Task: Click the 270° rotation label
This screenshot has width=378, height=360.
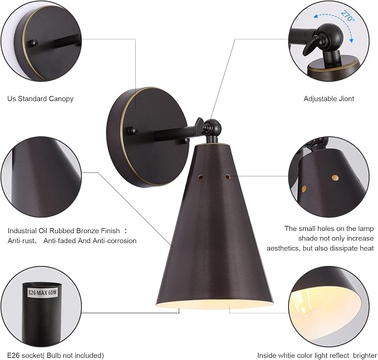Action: [348, 16]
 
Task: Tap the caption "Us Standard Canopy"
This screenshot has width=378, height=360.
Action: [40, 99]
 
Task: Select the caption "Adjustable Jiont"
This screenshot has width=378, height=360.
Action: [329, 99]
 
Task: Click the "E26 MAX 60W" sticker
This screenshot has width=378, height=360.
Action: [42, 293]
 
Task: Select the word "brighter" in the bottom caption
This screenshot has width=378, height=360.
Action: [364, 356]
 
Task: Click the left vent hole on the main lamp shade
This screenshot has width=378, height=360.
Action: [200, 177]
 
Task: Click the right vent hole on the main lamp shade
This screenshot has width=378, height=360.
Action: [228, 177]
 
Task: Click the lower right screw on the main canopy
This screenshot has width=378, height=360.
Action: [184, 141]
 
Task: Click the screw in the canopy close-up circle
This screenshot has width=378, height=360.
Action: [32, 43]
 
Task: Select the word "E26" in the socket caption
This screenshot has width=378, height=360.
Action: [13, 356]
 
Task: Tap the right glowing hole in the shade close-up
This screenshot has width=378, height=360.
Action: [335, 178]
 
